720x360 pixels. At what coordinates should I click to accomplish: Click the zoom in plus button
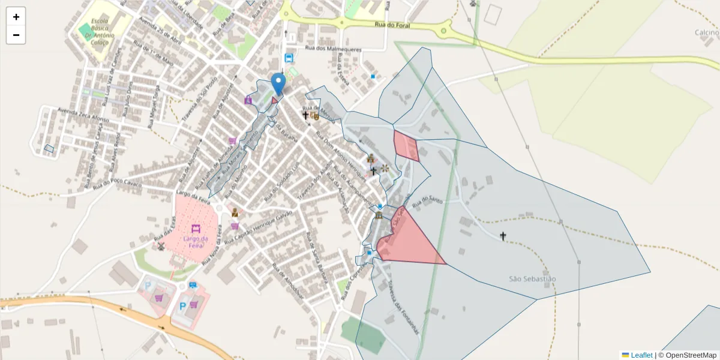(x=16, y=17)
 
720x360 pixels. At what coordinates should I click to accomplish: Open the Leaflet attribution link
(x=641, y=355)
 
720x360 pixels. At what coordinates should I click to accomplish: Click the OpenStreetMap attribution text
(x=687, y=355)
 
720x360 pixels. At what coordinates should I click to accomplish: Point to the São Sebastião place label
(x=532, y=279)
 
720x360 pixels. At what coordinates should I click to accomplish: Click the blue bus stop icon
(x=289, y=58)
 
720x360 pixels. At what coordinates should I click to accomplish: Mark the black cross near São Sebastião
(x=503, y=236)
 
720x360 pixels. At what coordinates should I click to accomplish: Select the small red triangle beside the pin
(x=275, y=100)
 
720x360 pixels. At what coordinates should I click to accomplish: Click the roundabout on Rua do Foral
(x=445, y=28)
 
